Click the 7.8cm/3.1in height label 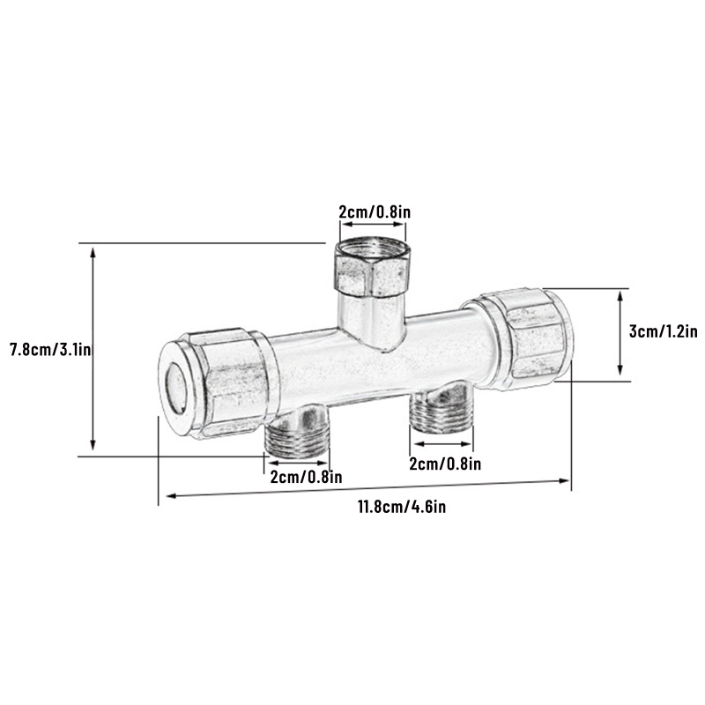[x=50, y=349]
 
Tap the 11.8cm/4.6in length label [x=402, y=507]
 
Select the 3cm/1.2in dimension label [x=663, y=332]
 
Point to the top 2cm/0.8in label [x=375, y=211]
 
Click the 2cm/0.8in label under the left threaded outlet [x=306, y=477]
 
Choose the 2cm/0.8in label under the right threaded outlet [x=445, y=464]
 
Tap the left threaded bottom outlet [x=298, y=433]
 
